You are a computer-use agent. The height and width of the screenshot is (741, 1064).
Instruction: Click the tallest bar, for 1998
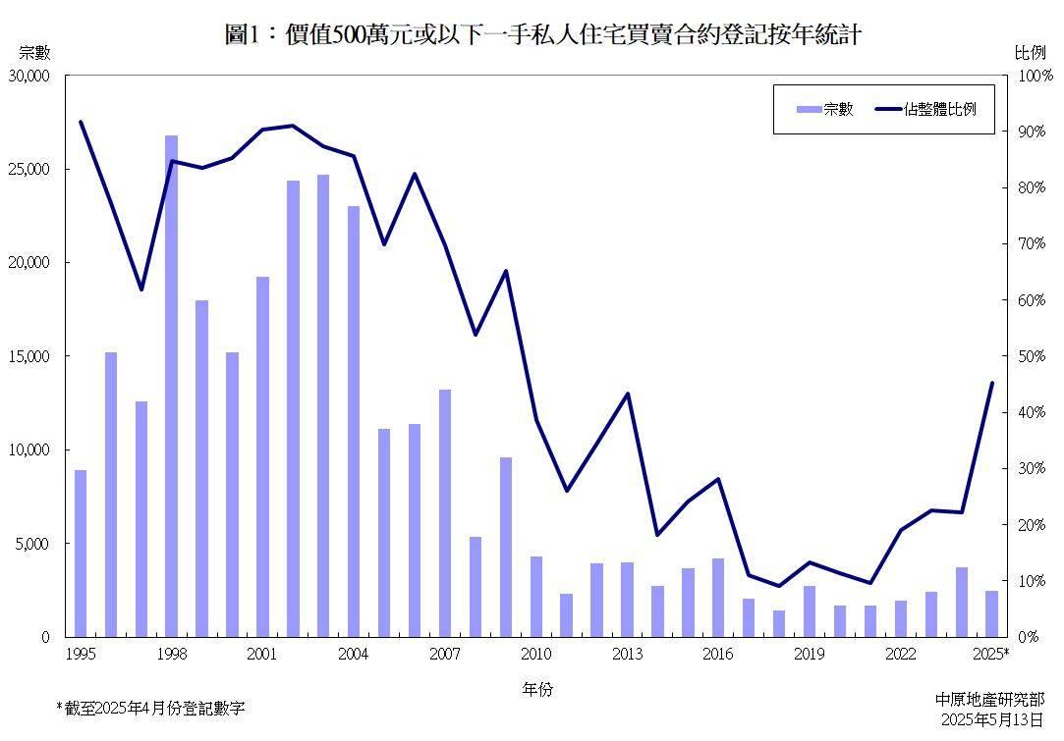click(x=171, y=386)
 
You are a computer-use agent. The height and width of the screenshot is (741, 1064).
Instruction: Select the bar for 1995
click(x=81, y=554)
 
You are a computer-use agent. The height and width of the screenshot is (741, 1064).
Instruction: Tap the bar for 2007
click(x=444, y=513)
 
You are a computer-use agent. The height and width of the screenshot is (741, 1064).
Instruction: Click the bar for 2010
click(x=535, y=597)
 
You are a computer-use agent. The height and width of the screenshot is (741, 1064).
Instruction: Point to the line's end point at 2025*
click(x=991, y=383)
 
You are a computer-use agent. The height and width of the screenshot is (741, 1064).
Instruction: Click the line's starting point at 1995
click(x=81, y=122)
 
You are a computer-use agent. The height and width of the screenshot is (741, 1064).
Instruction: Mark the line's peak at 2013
click(x=627, y=394)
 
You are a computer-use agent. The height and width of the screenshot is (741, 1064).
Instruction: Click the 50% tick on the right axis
click(x=1036, y=356)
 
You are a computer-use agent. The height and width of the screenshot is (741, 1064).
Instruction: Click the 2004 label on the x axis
click(x=353, y=655)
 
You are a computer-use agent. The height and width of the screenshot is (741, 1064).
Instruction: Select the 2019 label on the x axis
click(x=809, y=655)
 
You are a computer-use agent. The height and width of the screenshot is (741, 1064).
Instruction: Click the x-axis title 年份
click(x=536, y=690)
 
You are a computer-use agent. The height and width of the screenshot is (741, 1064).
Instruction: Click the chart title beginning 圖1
click(x=542, y=35)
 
